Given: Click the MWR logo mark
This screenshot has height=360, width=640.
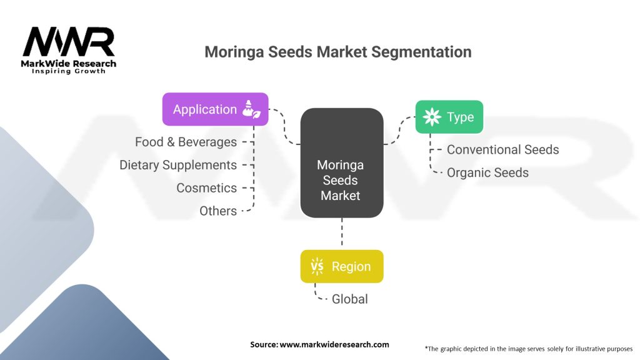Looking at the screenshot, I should point(69,42).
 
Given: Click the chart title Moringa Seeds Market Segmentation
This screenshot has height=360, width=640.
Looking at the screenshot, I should point(337,52).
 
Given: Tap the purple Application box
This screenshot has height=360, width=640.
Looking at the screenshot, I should point(215,109).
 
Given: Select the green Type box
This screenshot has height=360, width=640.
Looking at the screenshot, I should point(449,117).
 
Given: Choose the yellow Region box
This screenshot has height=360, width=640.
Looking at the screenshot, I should point(341,266).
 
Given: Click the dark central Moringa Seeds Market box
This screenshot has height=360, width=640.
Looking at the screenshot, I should point(341,163).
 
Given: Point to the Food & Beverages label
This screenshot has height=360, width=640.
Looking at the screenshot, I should point(186,142).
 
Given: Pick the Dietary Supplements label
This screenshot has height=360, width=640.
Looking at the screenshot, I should point(178,165).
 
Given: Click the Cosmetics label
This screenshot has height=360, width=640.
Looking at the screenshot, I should point(206,188).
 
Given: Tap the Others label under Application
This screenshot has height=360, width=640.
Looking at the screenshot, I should point(218,211).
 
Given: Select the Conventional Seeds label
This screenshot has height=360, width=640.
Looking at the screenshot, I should point(502,149).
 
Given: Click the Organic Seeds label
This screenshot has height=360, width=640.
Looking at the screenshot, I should point(487,172).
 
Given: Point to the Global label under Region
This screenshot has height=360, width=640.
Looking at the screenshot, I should point(350,299).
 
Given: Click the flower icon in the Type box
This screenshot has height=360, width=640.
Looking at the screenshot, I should point(432,117).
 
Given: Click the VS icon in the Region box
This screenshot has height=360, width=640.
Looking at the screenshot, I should point(317,266).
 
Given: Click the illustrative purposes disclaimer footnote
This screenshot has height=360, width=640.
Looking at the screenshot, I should point(528,348).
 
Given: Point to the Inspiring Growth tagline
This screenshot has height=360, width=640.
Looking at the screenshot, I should point(69,71).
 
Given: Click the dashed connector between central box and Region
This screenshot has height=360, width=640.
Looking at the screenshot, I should point(342,234).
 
